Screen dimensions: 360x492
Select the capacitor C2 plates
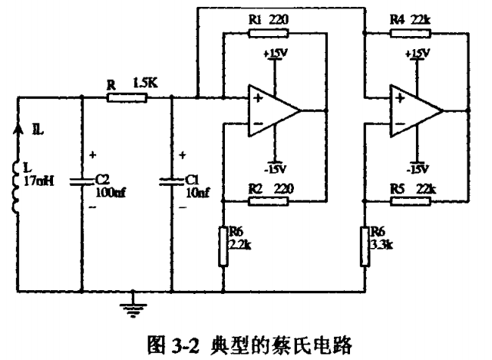[81, 182]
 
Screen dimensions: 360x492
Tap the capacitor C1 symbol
[170, 182]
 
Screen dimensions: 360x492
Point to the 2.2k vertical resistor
[223, 246]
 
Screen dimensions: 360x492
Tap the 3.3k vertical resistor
[364, 246]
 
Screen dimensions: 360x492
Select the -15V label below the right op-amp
[418, 168]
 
